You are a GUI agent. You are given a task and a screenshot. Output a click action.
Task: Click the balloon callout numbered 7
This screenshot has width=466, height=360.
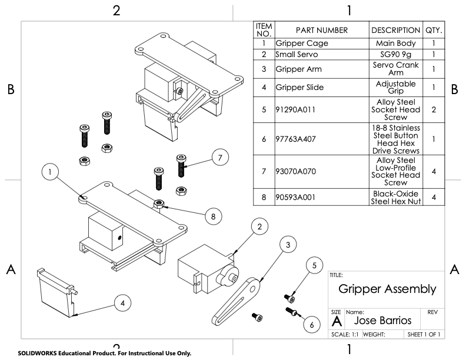pyautogui.click(x=219, y=158)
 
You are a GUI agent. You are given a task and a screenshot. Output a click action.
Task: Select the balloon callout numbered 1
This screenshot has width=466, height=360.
pyautogui.click(x=52, y=172)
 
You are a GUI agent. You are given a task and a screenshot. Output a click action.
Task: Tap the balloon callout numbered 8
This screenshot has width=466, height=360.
pyautogui.click(x=213, y=216)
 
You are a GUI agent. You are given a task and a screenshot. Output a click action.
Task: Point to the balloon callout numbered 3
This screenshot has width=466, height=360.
pyautogui.click(x=287, y=245)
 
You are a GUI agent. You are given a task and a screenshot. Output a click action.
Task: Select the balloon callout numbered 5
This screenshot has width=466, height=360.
pyautogui.click(x=314, y=265)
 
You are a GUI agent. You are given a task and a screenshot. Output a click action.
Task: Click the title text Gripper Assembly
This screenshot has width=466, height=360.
pyautogui.click(x=387, y=289)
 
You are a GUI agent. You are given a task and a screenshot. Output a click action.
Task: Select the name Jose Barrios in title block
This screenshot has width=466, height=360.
pyautogui.click(x=383, y=321)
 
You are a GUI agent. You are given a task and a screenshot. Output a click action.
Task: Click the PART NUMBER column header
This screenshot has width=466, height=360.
pyautogui.click(x=322, y=30)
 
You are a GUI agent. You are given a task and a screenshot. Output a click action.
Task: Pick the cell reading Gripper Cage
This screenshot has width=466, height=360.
pyautogui.click(x=302, y=44)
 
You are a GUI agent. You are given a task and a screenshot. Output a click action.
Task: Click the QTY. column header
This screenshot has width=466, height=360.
pyautogui.click(x=433, y=30)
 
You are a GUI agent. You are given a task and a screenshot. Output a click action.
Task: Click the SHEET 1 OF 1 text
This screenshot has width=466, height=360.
pyautogui.click(x=424, y=335)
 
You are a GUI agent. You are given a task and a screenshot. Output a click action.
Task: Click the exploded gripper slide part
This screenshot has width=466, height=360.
pyautogui.click(x=56, y=292)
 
